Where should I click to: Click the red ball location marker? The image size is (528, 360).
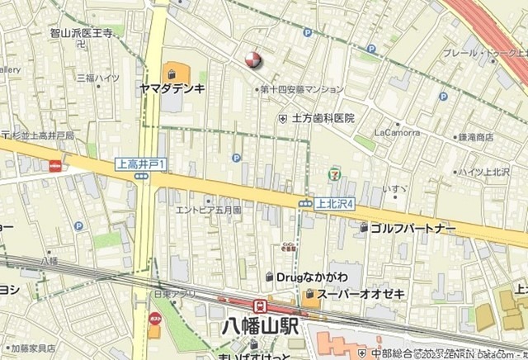[253, 59]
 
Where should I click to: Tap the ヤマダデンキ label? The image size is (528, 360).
[172, 87]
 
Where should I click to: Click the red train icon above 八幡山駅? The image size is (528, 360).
[259, 306]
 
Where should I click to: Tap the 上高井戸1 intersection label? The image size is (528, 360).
[140, 164]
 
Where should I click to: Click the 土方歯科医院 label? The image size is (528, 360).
[322, 119]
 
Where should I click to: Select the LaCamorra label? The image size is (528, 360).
[396, 131]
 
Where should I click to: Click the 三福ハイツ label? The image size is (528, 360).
[98, 78]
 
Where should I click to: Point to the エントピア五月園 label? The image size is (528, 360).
[208, 210]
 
